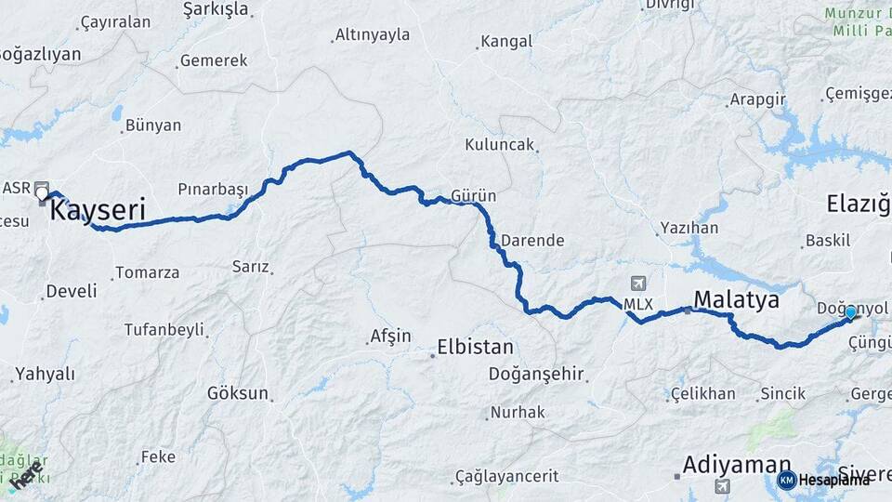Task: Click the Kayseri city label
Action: click(97, 210)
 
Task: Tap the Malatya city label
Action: click(736, 299)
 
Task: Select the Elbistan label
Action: click(477, 348)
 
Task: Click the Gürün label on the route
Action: click(473, 196)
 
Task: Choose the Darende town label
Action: click(532, 240)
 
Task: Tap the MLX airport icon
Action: click(637, 284)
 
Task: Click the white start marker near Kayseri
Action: click(42, 192)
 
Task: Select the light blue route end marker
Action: click(850, 312)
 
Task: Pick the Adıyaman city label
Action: click(737, 464)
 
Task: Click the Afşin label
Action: click(390, 337)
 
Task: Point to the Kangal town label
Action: click(506, 42)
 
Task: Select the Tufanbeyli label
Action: click(164, 329)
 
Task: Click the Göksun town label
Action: click(238, 393)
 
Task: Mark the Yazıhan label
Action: click(689, 228)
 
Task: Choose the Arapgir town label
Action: click(757, 99)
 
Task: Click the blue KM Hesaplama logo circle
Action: click(786, 480)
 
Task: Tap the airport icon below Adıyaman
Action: click(722, 486)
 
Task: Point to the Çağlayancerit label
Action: click(506, 476)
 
